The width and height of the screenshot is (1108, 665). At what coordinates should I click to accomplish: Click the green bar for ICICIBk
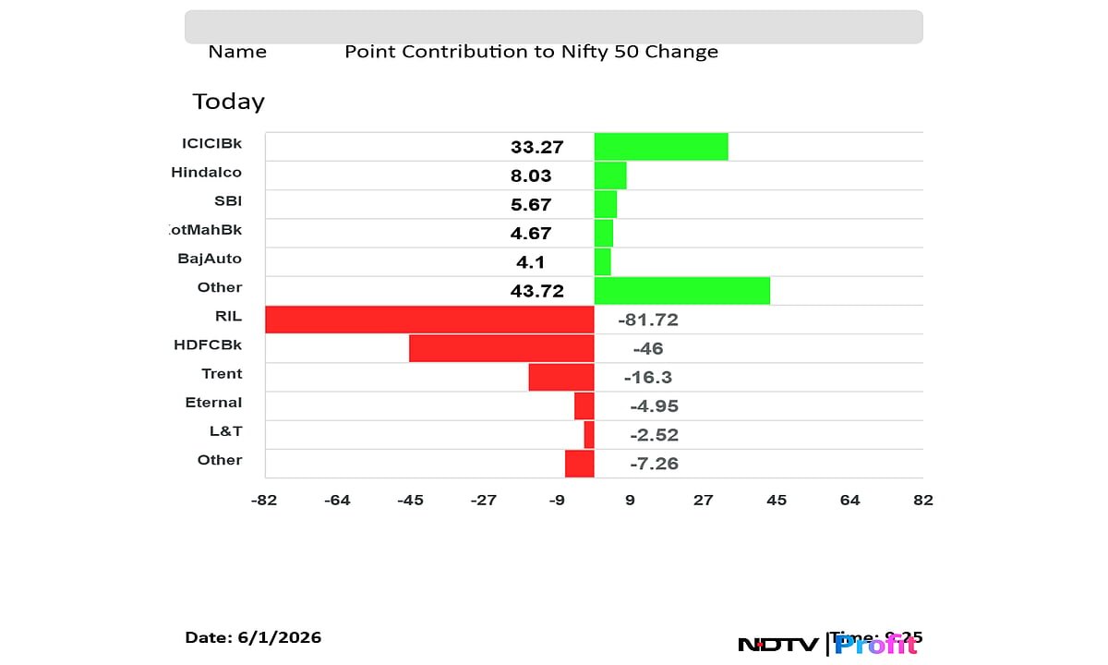(x=660, y=147)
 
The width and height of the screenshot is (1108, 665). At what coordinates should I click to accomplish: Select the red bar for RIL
(x=429, y=320)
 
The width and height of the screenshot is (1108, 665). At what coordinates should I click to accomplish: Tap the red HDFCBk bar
(x=501, y=348)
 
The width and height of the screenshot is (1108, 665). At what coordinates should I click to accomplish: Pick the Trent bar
(x=561, y=377)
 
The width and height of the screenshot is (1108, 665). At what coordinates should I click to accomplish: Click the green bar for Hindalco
(x=610, y=175)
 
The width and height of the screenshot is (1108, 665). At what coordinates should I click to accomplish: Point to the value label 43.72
(x=536, y=291)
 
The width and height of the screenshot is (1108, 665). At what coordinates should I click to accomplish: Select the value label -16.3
(x=647, y=378)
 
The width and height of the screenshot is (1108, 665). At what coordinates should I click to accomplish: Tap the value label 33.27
(x=536, y=147)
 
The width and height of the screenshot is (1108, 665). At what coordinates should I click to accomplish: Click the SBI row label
(x=227, y=200)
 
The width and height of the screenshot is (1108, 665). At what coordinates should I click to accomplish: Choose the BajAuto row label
(x=210, y=259)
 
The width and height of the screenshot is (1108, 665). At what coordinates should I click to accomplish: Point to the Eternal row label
(x=213, y=403)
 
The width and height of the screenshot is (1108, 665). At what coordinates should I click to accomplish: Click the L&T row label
(x=225, y=431)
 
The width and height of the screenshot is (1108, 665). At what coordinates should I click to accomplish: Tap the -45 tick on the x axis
(x=410, y=501)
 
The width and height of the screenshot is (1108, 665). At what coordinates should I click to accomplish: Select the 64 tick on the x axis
(x=849, y=501)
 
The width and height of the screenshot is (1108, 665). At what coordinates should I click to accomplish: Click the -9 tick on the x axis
(x=556, y=501)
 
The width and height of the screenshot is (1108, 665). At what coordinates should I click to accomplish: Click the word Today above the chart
(x=228, y=102)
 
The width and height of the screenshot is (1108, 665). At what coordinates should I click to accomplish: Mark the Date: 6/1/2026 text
(x=253, y=637)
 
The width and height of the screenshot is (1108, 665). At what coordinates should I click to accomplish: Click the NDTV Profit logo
(x=827, y=645)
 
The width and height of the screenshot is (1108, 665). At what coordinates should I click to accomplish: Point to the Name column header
(x=237, y=52)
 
